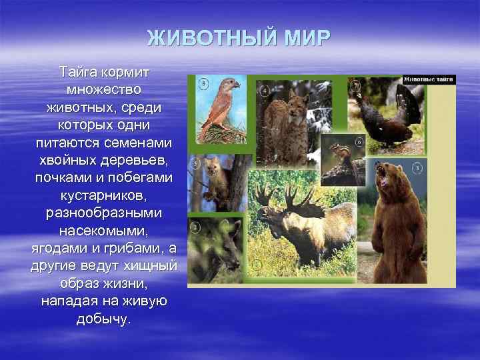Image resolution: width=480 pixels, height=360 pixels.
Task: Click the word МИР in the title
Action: (x=305, y=39)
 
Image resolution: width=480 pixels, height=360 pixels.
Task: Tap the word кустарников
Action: (x=103, y=197)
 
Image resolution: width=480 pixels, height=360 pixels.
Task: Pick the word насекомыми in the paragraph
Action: (x=103, y=233)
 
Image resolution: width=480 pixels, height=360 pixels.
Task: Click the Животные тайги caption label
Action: (x=428, y=79)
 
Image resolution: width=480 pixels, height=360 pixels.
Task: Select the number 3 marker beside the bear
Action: (x=417, y=169)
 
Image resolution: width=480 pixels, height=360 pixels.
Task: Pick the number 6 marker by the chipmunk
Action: (x=359, y=142)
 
